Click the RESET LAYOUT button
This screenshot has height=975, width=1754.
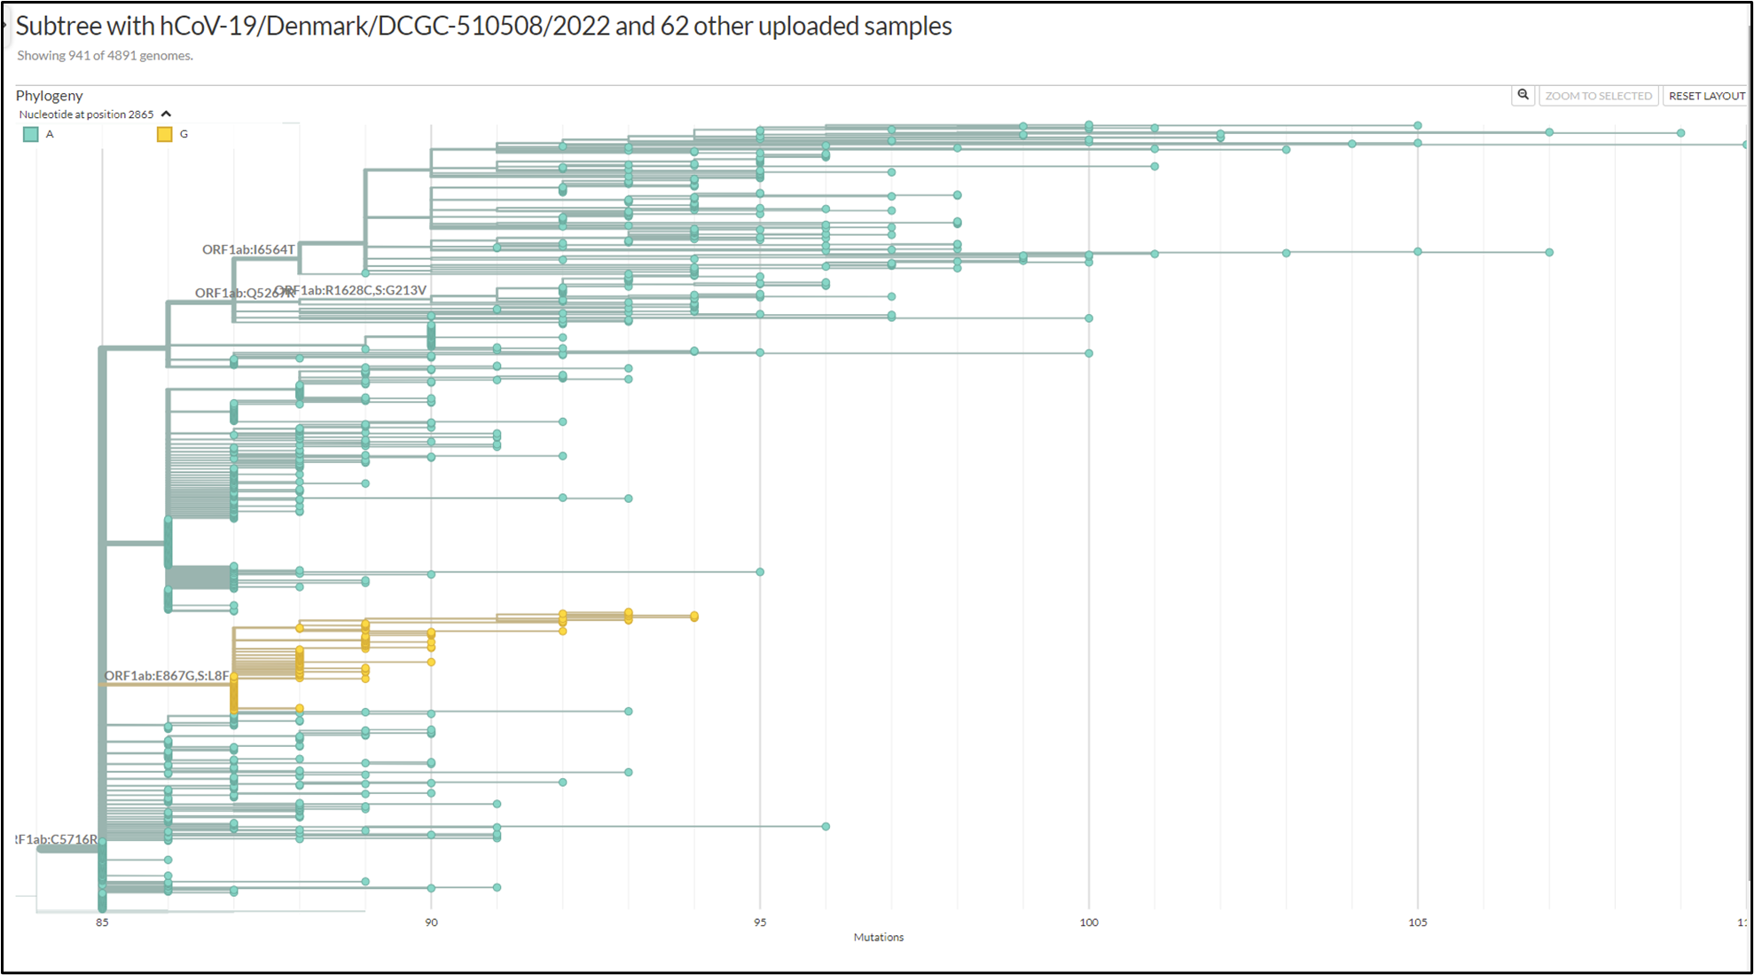[x=1706, y=96]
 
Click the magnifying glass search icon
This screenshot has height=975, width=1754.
[x=1523, y=95]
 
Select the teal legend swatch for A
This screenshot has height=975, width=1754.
[x=31, y=135]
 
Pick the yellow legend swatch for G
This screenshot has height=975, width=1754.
[x=164, y=135]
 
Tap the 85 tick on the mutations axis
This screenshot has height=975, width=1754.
[x=103, y=923]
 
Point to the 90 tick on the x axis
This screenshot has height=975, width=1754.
[x=431, y=923]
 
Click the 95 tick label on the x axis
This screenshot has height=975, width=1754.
[x=760, y=923]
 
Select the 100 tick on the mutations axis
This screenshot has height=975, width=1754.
[x=1089, y=923]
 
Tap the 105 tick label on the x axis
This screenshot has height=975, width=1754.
[x=1418, y=923]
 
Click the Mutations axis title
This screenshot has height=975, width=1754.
[x=878, y=938]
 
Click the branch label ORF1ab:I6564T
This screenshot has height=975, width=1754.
[x=248, y=250]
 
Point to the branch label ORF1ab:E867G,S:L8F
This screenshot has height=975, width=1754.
[x=167, y=676]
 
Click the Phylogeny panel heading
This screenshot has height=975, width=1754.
[x=50, y=96]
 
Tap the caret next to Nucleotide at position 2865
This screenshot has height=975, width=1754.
[x=166, y=114]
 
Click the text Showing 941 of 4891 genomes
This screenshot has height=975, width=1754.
[x=105, y=56]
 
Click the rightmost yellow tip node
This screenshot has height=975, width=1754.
[x=694, y=617]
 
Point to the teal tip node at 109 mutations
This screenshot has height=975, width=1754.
[x=1680, y=133]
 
